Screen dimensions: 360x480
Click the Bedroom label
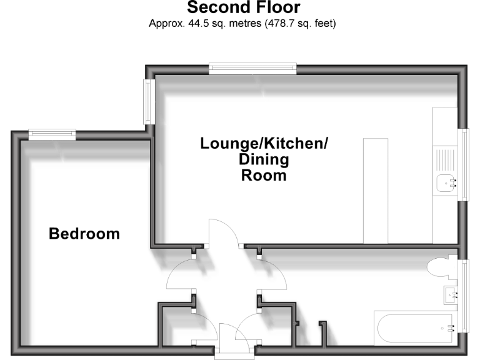[84, 234]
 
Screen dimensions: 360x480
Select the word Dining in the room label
[264, 160]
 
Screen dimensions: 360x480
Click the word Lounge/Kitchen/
[264, 144]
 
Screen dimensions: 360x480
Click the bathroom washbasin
[450, 294]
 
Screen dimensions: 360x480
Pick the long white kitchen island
[375, 191]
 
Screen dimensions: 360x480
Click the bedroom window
[52, 134]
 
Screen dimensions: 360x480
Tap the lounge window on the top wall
[252, 68]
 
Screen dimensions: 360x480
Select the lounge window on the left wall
[149, 101]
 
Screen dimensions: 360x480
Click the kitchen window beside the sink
[464, 165]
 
